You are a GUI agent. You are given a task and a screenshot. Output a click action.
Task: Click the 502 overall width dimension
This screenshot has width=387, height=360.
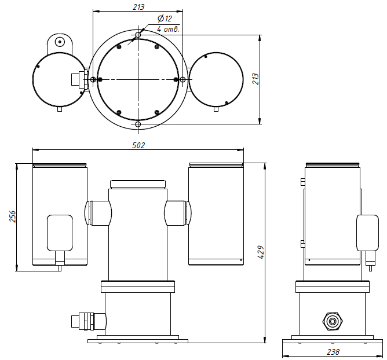click(x=138, y=145)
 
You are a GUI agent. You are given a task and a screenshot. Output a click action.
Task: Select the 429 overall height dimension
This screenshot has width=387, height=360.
click(x=261, y=252)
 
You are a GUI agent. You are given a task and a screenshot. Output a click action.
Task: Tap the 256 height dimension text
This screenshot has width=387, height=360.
click(x=12, y=216)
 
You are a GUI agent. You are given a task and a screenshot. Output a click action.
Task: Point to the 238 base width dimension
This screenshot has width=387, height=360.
click(x=333, y=352)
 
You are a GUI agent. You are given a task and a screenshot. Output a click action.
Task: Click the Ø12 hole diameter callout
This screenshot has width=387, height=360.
click(x=165, y=19)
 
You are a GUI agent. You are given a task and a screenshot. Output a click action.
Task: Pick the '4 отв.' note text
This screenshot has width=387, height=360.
click(x=168, y=29)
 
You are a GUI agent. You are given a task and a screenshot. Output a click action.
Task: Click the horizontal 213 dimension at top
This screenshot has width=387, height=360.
click(x=138, y=7)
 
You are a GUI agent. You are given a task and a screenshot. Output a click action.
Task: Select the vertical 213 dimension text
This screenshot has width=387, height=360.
click(x=256, y=79)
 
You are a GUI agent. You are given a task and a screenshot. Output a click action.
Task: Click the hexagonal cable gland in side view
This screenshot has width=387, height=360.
click(x=333, y=321)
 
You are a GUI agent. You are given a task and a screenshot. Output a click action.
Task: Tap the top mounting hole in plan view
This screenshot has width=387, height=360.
click(x=138, y=35)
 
